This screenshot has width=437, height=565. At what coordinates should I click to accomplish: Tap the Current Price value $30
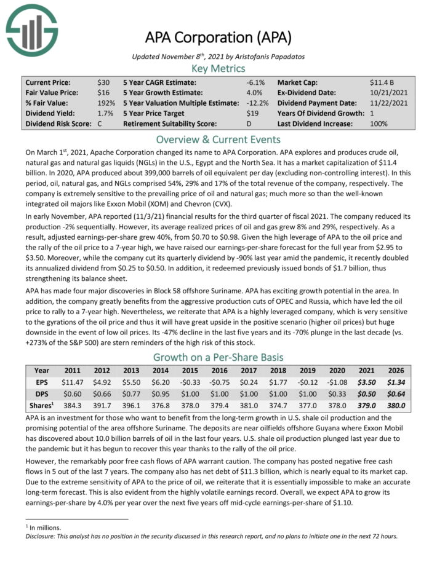coord(103,82)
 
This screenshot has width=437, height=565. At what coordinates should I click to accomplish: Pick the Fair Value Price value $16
coord(103,92)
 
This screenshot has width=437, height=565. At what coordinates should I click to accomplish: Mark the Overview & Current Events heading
coord(218,138)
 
